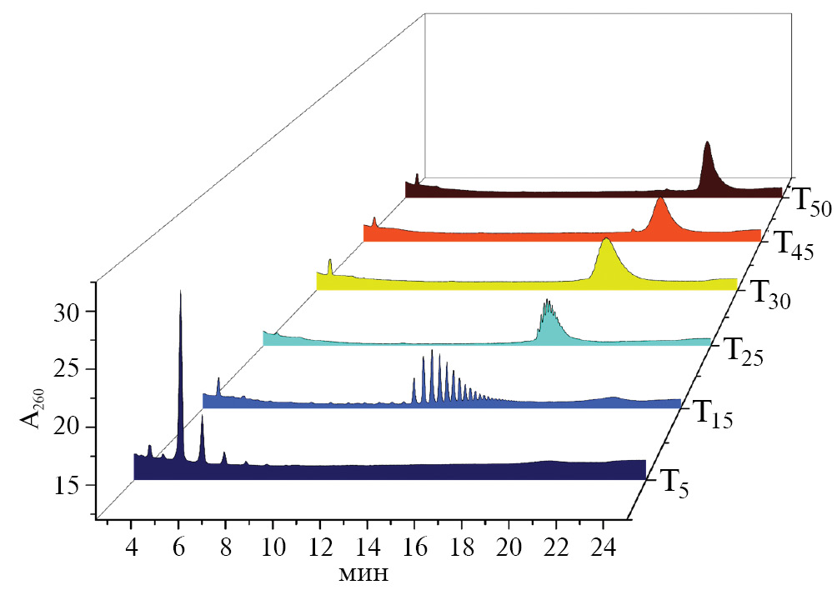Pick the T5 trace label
(x=674, y=482)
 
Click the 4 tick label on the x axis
(x=132, y=547)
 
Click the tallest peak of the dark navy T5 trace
(x=180, y=294)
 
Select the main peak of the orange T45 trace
(x=660, y=201)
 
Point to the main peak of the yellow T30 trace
(x=606, y=242)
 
